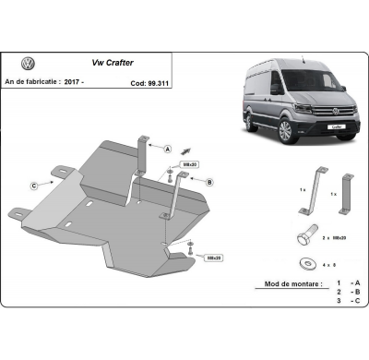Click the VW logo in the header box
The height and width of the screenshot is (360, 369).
[28, 66]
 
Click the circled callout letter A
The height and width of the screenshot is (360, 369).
[170, 148]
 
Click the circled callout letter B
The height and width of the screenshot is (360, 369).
[208, 183]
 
